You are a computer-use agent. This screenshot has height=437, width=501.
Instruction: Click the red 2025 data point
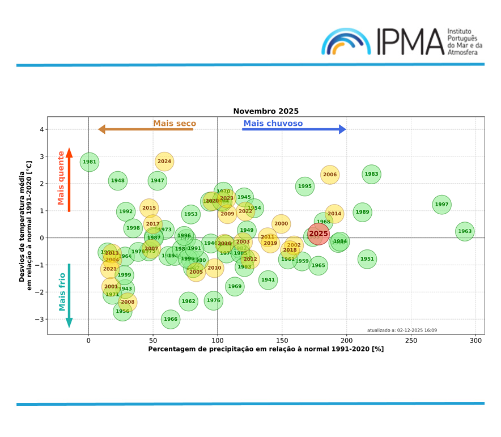point(319,234)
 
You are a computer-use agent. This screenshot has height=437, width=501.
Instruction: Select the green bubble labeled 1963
point(465,231)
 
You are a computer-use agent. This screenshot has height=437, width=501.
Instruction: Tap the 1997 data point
point(441,205)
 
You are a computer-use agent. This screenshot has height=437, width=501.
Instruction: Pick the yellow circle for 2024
point(164,162)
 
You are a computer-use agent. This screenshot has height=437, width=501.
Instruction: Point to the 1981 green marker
point(90,162)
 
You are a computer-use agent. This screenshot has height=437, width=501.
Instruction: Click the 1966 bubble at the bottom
point(171,319)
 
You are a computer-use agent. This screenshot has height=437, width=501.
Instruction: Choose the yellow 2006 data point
point(330,175)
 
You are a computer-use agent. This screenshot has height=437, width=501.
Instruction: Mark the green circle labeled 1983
point(371,174)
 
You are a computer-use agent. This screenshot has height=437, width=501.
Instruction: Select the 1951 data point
point(367,259)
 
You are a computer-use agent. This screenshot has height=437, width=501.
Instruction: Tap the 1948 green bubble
point(118,181)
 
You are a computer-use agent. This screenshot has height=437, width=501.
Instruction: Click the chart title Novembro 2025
point(266,111)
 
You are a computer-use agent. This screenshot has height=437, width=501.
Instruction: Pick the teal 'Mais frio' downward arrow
point(69,295)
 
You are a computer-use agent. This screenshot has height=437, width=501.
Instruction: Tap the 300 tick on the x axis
point(475,340)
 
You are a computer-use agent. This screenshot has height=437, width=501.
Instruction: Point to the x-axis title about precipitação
point(266,349)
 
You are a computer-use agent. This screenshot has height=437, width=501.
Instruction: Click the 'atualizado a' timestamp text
point(402,330)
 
